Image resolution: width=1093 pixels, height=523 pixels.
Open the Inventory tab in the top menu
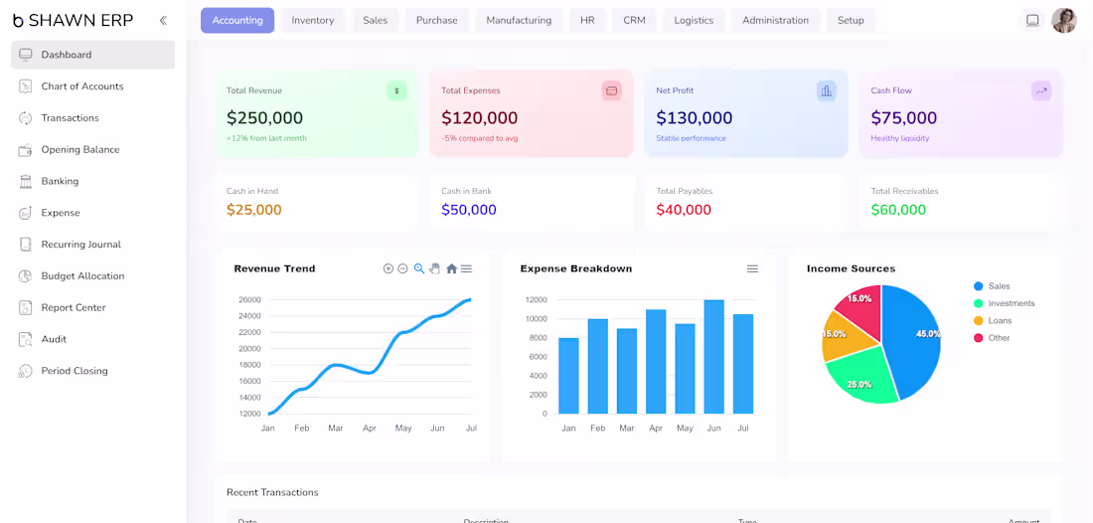[312, 20]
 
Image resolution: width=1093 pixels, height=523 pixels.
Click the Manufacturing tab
[519, 20]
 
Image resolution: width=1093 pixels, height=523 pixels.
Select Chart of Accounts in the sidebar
[82, 87]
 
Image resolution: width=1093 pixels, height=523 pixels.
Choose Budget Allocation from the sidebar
[82, 276]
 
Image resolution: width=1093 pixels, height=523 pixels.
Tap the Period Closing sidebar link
[75, 371]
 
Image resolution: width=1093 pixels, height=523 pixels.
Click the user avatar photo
[1064, 20]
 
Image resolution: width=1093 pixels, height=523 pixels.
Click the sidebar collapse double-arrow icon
[163, 20]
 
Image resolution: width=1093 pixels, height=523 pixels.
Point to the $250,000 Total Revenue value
[265, 118]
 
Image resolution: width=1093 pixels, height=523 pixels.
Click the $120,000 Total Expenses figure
[480, 118]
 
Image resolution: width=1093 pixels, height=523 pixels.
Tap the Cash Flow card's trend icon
[1041, 90]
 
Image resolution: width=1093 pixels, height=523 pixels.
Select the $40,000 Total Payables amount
[684, 210]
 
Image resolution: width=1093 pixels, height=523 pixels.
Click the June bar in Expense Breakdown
[713, 356]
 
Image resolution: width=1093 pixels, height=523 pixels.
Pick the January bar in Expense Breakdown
[568, 376]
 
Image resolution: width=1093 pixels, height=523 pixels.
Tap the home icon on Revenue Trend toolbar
[452, 268]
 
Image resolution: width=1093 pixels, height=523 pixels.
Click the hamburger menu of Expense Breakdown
[752, 268]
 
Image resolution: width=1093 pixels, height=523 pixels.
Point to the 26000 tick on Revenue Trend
[249, 300]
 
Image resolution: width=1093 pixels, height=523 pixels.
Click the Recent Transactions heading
[272, 492]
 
